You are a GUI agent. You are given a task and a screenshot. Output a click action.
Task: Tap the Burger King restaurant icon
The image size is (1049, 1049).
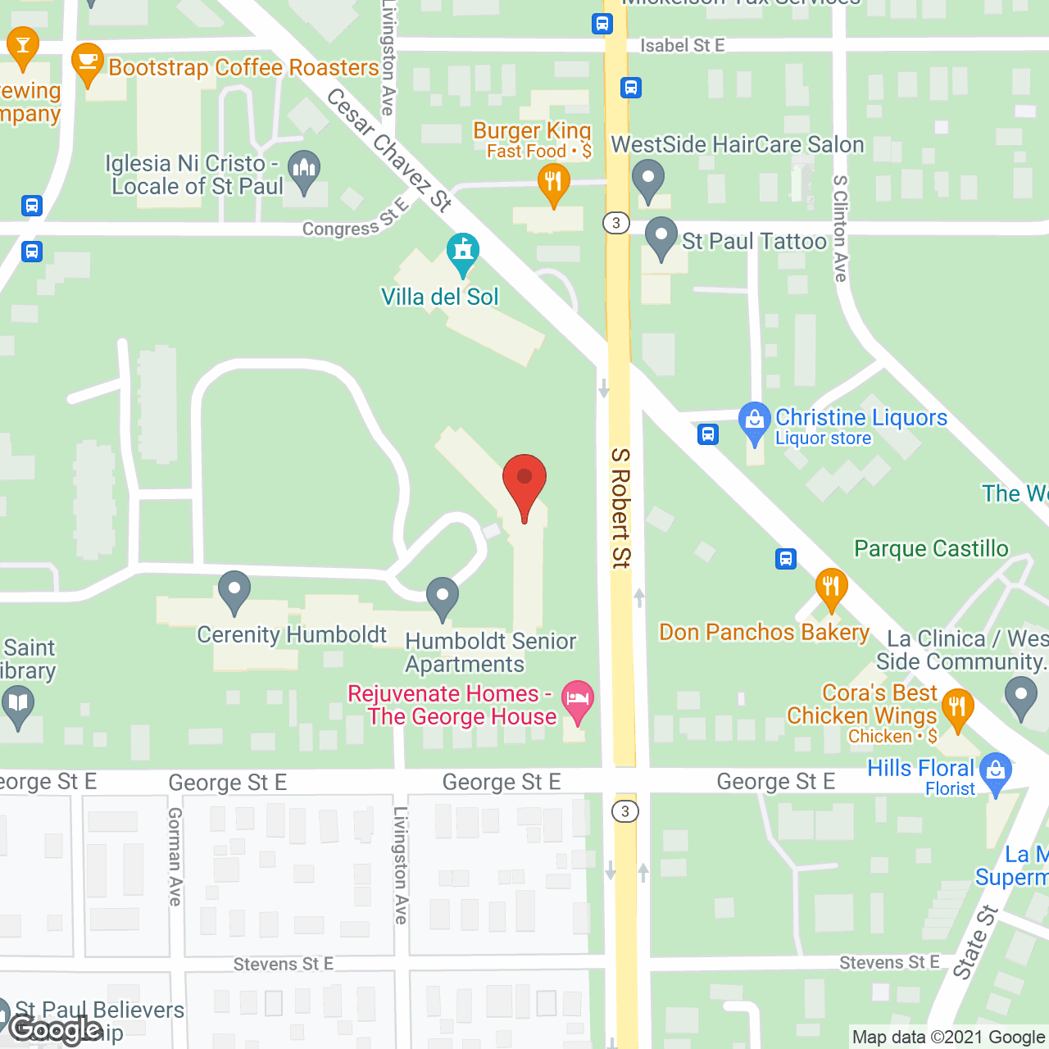tap(553, 184)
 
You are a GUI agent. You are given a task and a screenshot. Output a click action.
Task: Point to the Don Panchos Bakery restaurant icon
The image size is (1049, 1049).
tap(831, 587)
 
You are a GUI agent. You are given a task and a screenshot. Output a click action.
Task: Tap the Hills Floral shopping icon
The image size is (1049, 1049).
tap(996, 771)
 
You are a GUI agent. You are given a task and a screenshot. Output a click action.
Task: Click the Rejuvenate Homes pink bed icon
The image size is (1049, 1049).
tap(578, 702)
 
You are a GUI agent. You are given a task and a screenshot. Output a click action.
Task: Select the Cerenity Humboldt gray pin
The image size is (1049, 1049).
tap(234, 590)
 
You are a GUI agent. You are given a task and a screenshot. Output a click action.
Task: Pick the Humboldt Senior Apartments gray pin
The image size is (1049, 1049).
tap(443, 597)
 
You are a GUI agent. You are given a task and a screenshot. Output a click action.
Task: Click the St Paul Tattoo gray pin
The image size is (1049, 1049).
tap(661, 237)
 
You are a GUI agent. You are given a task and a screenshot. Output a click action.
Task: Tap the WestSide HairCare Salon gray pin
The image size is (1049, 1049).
tap(647, 179)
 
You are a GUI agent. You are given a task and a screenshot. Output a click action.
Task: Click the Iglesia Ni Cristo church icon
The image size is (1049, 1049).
tap(304, 170)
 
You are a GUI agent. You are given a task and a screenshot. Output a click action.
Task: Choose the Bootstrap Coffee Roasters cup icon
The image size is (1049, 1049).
tap(87, 62)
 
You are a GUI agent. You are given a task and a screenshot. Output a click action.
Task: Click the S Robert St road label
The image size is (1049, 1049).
tap(620, 508)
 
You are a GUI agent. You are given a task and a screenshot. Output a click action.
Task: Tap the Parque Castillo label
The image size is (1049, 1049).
tap(931, 548)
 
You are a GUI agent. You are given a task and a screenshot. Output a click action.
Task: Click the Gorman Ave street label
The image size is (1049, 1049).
tap(175, 856)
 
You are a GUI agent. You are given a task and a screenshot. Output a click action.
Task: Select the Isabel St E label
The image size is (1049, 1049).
tap(682, 46)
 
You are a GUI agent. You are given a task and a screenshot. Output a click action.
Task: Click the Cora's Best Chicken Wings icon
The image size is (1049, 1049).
tap(957, 708)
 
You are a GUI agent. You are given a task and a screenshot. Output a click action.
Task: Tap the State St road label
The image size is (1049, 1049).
tap(975, 942)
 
